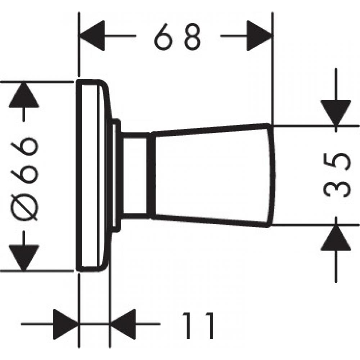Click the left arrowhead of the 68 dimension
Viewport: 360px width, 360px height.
coord(92,36)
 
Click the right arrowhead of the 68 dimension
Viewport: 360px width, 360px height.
coord(260,36)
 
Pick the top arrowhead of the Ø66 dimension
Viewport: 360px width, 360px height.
coord(23,94)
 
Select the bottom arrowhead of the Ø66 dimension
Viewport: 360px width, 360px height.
coord(23,258)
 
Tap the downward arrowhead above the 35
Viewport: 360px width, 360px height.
coord(336,113)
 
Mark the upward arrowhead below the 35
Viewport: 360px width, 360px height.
coord(336,237)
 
